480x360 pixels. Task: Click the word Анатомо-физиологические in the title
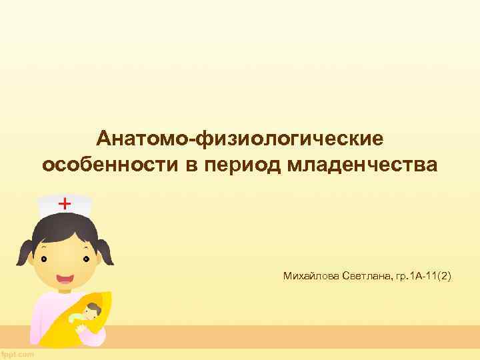240,139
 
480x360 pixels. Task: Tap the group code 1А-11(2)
427,275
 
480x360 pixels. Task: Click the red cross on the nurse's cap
65,203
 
